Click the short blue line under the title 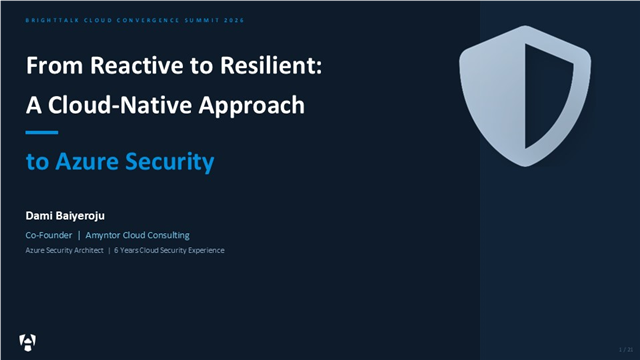[42, 133]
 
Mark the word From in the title [53, 67]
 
